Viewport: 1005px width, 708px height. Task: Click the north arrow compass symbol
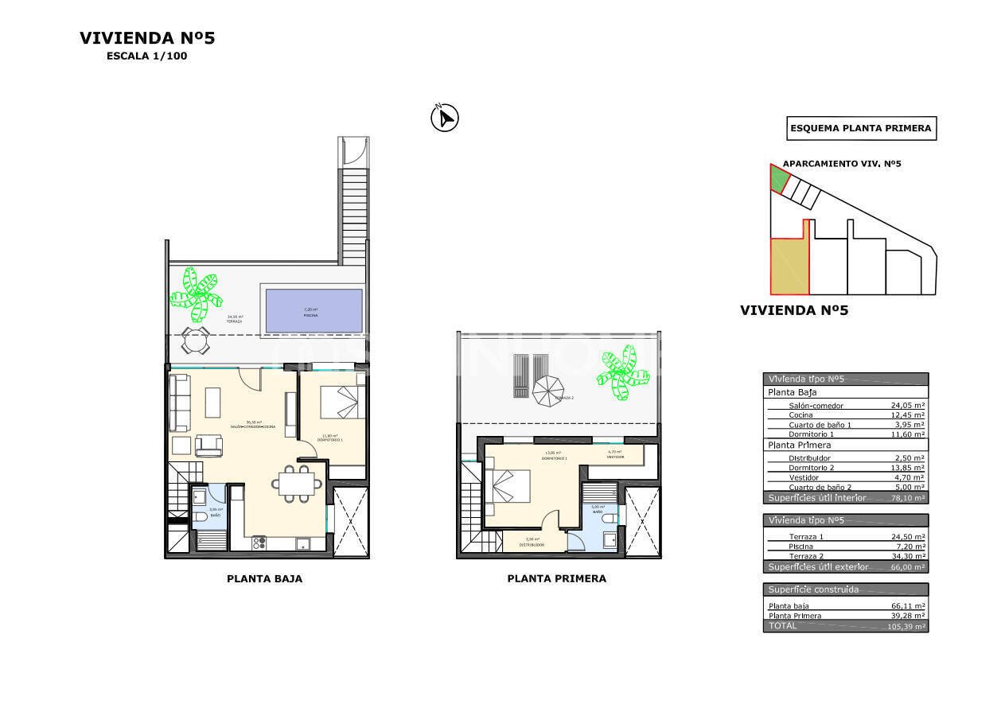(x=445, y=119)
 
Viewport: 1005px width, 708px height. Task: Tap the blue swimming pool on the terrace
(x=314, y=310)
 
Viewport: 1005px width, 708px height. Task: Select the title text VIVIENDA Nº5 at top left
(x=147, y=38)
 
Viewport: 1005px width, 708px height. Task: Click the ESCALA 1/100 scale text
(x=147, y=56)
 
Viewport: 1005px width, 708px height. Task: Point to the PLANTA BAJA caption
(x=264, y=579)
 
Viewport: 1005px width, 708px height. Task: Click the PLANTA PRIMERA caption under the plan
(x=556, y=579)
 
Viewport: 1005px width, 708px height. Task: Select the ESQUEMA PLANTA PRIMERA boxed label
(x=860, y=128)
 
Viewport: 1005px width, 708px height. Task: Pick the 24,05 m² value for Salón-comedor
(x=907, y=406)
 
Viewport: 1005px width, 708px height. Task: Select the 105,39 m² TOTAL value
(x=906, y=627)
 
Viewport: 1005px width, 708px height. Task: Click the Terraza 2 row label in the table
(x=805, y=557)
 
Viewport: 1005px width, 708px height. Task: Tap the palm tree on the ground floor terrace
(x=194, y=292)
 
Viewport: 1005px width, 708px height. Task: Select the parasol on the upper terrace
(x=547, y=391)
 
